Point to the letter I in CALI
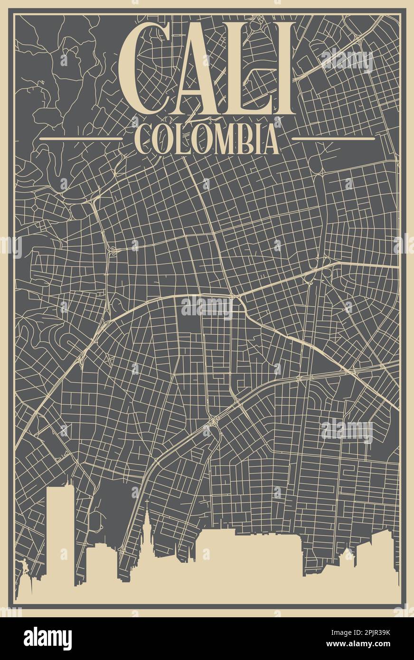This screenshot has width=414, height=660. point(279,69)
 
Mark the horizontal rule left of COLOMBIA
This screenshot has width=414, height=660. point(81,139)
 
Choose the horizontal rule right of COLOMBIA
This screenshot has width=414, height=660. point(333,139)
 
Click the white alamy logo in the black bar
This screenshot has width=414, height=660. point(47,639)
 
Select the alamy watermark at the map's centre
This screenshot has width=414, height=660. point(207,308)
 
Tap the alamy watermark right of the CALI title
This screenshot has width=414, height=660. point(347,61)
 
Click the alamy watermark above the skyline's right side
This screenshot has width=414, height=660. point(347,431)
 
